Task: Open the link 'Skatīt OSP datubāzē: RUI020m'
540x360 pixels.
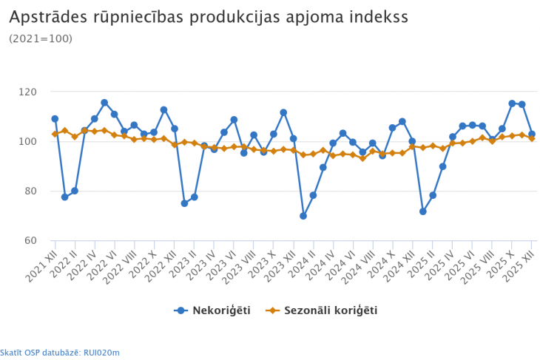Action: coord(60,353)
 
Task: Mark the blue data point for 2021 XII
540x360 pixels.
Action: coord(55,119)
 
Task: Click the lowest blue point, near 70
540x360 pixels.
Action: coord(303,216)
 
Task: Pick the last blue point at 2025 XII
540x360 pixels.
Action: coord(531,135)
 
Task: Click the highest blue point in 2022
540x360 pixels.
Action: coord(104,103)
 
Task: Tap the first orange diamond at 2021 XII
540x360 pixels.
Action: coord(55,134)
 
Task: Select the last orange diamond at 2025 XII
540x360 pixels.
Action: coord(531,138)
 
